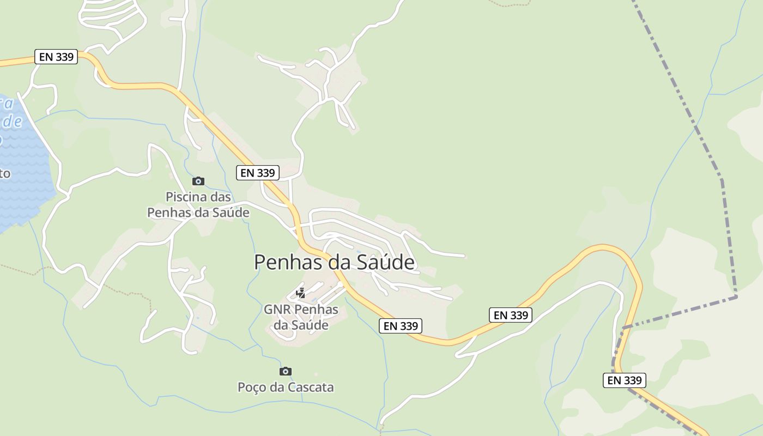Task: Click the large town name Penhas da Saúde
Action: pyautogui.click(x=334, y=262)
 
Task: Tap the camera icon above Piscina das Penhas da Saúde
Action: pyautogui.click(x=198, y=181)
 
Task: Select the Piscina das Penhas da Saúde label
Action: pyautogui.click(x=198, y=204)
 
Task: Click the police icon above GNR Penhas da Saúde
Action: pyautogui.click(x=300, y=293)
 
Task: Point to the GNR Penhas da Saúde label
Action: pyautogui.click(x=301, y=317)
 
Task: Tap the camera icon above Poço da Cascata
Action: pyautogui.click(x=285, y=371)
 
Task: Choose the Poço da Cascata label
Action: pyautogui.click(x=286, y=387)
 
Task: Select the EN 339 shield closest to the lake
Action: pyautogui.click(x=56, y=57)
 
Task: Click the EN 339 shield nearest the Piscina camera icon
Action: pyautogui.click(x=258, y=173)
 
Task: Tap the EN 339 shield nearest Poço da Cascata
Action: pyautogui.click(x=401, y=326)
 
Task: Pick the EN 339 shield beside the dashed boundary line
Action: pyautogui.click(x=625, y=380)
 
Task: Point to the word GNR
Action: pyautogui.click(x=277, y=310)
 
